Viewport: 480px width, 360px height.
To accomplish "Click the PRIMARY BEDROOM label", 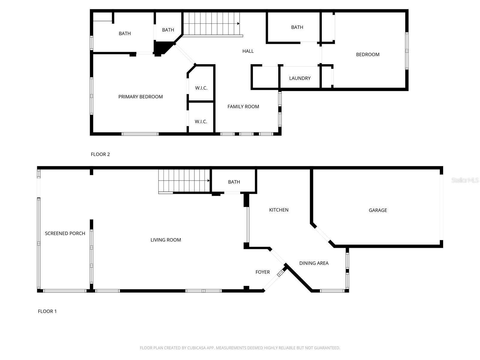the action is click(x=140, y=97).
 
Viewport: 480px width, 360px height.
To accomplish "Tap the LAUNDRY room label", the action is click(x=300, y=78).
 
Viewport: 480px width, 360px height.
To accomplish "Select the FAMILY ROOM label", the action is click(x=243, y=106).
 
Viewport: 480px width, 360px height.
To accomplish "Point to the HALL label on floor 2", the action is click(x=248, y=51).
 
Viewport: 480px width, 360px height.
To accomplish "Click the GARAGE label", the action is click(x=378, y=210).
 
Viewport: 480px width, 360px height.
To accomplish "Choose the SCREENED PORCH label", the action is click(x=65, y=233).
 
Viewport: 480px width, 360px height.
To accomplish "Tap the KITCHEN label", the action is click(x=279, y=210).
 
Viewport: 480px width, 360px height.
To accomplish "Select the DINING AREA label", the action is click(x=314, y=263).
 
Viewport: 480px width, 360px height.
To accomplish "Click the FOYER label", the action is click(x=262, y=272).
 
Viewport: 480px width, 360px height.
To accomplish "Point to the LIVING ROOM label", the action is click(x=166, y=240).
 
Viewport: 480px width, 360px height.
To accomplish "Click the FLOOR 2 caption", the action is click(x=100, y=154).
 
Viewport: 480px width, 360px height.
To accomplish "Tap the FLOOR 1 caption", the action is click(x=47, y=311).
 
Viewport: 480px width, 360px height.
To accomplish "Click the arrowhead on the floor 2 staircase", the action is click(x=238, y=23).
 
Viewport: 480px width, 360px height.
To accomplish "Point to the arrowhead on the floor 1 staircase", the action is click(x=208, y=181).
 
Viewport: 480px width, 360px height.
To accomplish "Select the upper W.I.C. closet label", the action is click(x=201, y=88).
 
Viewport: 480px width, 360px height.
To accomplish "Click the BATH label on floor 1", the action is click(x=234, y=182).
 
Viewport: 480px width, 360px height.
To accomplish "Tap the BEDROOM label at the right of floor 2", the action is click(x=367, y=54).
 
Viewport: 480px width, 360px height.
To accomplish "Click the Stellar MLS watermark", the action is click(x=465, y=180).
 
